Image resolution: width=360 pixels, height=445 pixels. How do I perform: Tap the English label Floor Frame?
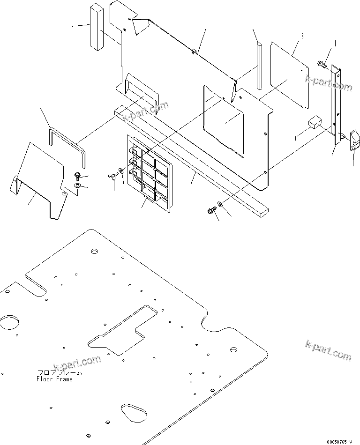pyautogui.click(x=55, y=379)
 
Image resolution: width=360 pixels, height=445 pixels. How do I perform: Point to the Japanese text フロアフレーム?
pyautogui.click(x=60, y=373)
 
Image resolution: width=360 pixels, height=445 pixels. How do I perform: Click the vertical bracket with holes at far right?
pyautogui.click(x=336, y=105)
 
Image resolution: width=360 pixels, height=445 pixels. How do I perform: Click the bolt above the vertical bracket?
pyautogui.click(x=322, y=64)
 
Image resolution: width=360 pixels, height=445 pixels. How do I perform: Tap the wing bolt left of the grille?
pyautogui.click(x=113, y=178)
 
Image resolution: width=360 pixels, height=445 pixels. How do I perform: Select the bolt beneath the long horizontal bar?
pyautogui.click(x=210, y=212)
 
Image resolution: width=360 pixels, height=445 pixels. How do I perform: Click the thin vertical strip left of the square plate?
pyautogui.click(x=259, y=66)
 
